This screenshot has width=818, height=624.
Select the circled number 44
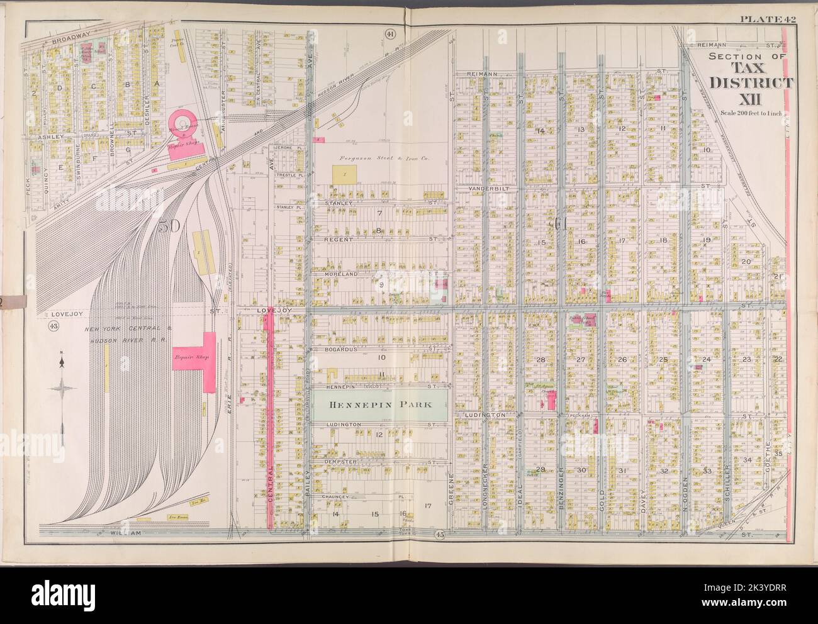389,33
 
